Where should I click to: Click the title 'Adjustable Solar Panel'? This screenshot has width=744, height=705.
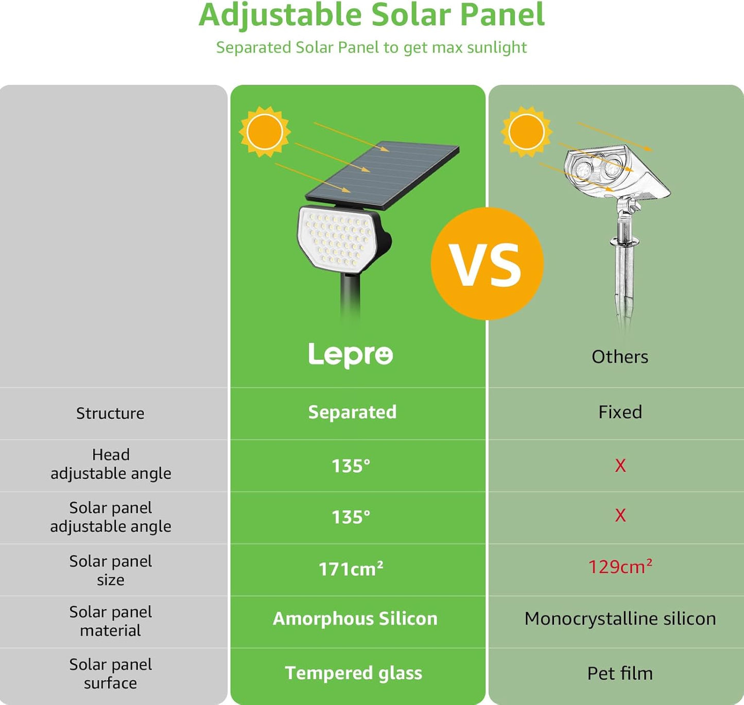click(371, 15)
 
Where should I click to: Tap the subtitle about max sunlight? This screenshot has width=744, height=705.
click(371, 47)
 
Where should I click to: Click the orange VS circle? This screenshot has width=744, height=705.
click(487, 264)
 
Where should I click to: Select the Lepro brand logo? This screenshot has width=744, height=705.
click(351, 354)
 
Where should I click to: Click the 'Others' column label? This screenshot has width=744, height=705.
click(619, 357)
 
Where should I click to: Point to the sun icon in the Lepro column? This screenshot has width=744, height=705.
click(265, 132)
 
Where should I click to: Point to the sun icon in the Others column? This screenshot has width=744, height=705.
click(526, 132)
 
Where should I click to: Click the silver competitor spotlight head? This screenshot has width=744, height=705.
click(615, 173)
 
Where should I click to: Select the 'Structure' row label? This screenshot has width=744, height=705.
click(110, 413)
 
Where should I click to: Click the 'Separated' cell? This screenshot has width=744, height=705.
click(352, 412)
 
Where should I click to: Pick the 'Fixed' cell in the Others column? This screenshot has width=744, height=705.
click(620, 412)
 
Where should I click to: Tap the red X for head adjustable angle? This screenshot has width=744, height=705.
click(620, 466)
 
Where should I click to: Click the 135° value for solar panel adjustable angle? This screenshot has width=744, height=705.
click(351, 517)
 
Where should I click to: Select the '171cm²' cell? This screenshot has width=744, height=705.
click(351, 569)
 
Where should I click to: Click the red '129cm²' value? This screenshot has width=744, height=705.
click(620, 567)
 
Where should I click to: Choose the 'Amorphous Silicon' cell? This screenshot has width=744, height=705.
click(355, 618)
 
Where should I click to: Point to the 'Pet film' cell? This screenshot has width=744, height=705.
click(620, 674)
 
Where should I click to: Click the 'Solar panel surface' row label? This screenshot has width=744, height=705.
click(110, 674)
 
